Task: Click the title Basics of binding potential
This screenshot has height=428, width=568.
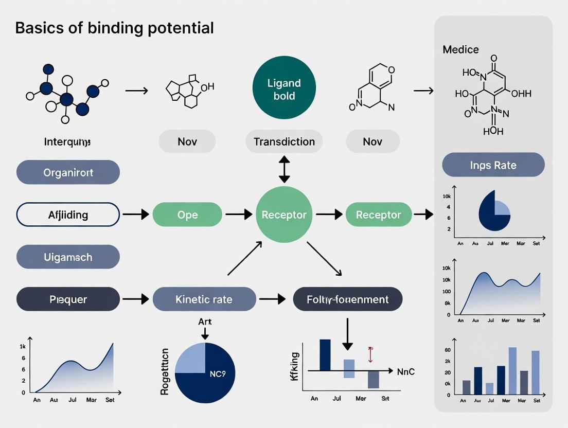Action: point(114,28)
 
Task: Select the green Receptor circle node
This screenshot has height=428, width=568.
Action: point(284,215)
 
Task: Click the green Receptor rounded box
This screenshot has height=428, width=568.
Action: point(378,215)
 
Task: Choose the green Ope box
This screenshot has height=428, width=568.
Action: point(187,215)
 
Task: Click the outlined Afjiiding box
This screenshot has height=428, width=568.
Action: point(68,215)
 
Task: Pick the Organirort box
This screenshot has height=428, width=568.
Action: point(68,172)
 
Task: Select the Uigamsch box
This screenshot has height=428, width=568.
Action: point(68,257)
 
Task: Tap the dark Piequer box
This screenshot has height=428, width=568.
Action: point(68,299)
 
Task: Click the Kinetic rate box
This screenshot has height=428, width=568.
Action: point(204,299)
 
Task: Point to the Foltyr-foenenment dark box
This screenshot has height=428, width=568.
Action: point(348,299)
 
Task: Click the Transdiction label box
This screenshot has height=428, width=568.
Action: point(284,141)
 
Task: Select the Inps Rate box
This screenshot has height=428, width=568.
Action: point(493,165)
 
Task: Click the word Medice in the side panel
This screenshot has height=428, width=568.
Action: point(460,50)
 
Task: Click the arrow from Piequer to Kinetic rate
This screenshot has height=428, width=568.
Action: point(136,299)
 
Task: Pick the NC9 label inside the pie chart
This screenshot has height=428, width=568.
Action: point(218,374)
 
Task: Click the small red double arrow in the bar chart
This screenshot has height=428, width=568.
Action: point(369,354)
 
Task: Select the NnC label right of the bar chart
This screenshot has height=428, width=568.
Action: point(406,371)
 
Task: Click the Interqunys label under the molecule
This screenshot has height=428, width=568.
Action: point(67,141)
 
